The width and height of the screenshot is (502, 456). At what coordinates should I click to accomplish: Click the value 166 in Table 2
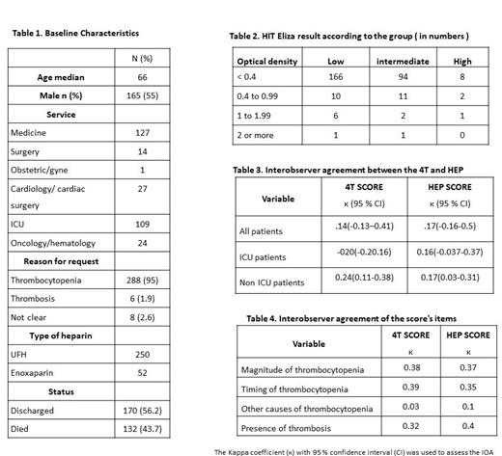(336, 75)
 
